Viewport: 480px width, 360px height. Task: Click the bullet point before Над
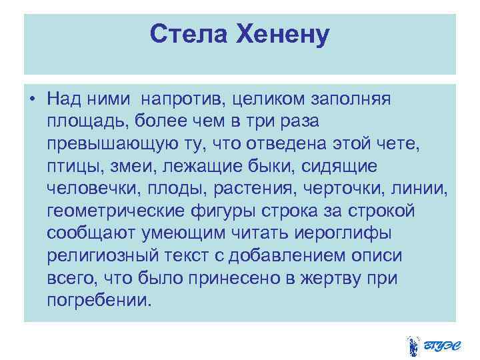tap(32, 99)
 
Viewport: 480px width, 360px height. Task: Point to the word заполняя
tap(353, 99)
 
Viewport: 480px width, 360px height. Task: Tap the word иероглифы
tap(351, 234)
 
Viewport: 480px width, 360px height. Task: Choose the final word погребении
tap(99, 301)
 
